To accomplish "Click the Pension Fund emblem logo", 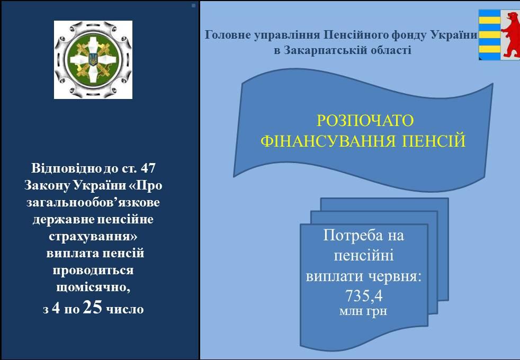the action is pos(93,60).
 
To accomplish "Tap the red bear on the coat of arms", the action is pos(511,34).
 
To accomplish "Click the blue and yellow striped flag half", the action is pos(489,35).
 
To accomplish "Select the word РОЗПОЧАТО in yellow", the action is pos(365,121).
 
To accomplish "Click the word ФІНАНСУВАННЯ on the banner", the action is pos(328,141).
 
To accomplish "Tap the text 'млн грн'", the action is pos(363,311).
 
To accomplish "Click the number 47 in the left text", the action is pos(148,168).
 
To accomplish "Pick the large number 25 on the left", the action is pos(93,307).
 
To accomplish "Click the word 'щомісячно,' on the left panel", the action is pos(93,287).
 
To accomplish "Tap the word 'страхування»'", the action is pos(93,236).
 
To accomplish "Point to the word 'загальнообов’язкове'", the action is pos(93,202).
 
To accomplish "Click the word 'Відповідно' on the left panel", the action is pos(66,168).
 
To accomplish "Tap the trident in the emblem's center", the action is pos(93,59).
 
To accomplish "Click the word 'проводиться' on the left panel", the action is pos(93,271).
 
